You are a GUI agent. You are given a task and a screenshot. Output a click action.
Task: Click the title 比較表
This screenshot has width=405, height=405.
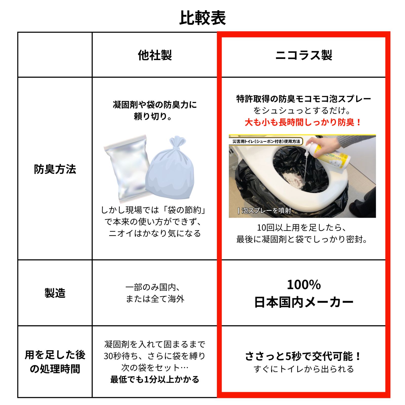(x=202, y=18)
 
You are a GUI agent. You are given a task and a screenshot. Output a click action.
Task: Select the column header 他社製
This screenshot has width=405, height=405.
(x=155, y=55)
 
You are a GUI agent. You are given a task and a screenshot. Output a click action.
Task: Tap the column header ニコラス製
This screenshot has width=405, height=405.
(x=303, y=55)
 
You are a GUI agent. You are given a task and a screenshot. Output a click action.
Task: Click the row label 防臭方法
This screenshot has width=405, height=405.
(x=55, y=169)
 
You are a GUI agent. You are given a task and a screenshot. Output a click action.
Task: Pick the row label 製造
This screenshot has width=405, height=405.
(x=55, y=293)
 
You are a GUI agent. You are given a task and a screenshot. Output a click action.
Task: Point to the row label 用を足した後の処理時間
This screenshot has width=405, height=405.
(x=55, y=362)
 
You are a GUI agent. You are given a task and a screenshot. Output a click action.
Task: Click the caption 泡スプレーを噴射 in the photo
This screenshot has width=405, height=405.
(x=266, y=211)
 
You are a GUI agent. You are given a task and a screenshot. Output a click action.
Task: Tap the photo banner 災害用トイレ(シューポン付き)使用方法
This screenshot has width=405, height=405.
(x=266, y=141)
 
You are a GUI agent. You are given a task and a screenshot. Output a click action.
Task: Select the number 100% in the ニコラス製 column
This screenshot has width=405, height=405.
(x=303, y=285)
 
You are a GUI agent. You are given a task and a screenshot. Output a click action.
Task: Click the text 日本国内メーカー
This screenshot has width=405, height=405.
(x=303, y=302)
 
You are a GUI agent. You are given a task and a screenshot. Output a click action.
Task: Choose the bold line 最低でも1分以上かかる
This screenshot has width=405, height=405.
(x=155, y=379)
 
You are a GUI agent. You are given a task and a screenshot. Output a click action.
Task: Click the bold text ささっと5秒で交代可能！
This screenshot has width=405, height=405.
(x=303, y=356)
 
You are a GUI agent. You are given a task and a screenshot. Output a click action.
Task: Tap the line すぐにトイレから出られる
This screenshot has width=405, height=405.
(x=303, y=369)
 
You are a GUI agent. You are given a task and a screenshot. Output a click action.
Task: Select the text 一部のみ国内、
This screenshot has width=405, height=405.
(x=153, y=287)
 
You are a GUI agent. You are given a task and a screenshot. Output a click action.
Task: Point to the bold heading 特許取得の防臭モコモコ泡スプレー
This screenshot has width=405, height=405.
(x=303, y=99)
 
